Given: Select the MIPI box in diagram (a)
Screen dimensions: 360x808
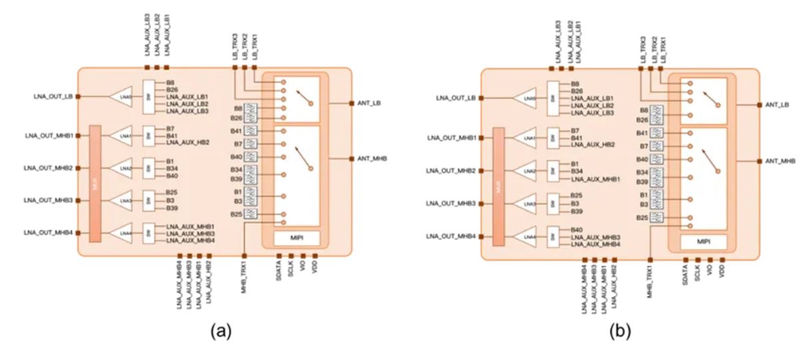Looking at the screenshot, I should pos(297,238).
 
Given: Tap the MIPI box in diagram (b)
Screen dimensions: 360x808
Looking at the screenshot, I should pos(703,242).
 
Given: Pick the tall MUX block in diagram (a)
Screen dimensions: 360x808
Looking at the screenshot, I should pos(95,184).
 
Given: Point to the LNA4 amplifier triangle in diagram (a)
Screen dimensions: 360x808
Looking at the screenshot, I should pos(122,232).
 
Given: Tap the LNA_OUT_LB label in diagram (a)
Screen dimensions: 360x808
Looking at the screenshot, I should pos(54,96).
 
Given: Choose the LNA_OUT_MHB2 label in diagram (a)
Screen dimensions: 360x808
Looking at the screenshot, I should pos(48,168).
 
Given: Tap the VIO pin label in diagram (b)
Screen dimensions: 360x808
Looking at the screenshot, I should pos(710,273).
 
